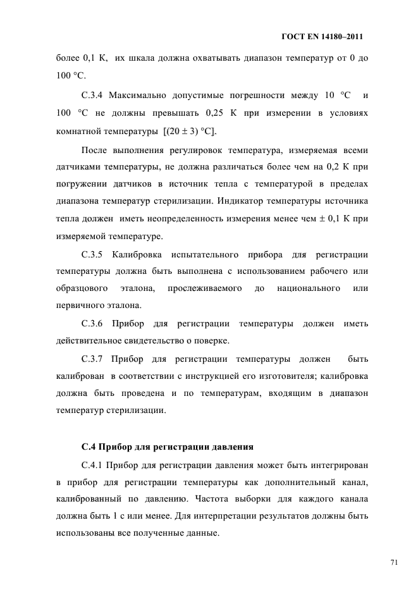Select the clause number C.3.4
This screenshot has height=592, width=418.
click(x=95, y=96)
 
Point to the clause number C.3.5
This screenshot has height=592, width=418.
click(x=95, y=255)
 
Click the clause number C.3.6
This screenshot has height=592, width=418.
click(x=95, y=324)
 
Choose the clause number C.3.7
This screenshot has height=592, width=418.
click(x=95, y=359)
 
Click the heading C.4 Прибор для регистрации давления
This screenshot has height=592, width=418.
click(x=168, y=447)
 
